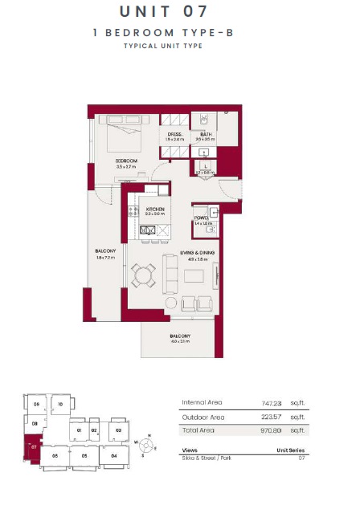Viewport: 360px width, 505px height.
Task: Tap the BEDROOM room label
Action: coord(126,161)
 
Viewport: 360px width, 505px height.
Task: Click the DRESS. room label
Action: coord(174,134)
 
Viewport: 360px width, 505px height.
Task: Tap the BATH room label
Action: coord(206,134)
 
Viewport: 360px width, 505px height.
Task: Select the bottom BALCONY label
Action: coord(179,336)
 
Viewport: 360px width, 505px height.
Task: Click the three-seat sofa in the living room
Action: coord(170,275)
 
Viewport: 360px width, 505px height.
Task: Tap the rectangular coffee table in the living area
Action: coord(194,275)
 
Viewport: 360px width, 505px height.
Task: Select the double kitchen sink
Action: coord(149,231)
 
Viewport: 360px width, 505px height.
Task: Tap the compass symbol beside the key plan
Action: coord(145,443)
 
